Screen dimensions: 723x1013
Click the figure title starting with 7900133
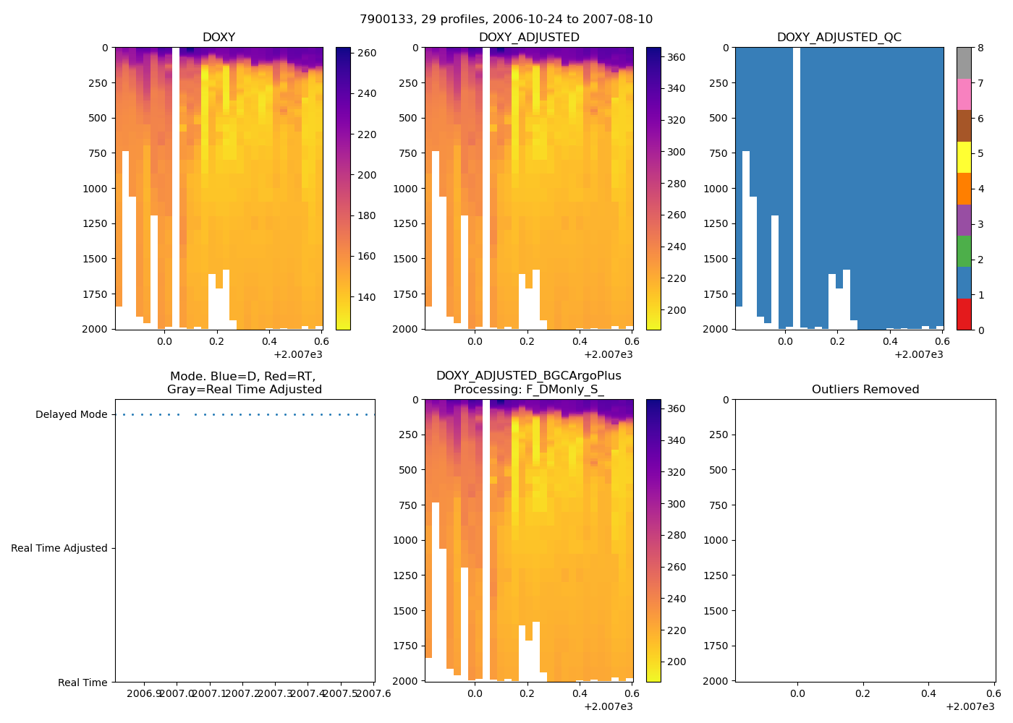point(506,20)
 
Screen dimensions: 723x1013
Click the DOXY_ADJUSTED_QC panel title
point(839,38)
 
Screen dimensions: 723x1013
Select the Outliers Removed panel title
point(865,390)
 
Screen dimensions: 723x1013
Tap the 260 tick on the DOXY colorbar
point(367,53)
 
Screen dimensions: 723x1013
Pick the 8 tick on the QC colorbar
point(980,48)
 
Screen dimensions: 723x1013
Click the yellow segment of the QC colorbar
point(964,157)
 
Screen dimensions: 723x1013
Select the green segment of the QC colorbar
point(964,251)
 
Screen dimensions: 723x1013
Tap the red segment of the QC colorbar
point(964,314)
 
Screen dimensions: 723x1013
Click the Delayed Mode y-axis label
point(71,415)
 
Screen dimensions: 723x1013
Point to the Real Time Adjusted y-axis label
point(59,549)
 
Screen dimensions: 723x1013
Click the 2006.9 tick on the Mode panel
point(144,694)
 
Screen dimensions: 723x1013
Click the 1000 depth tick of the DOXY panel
point(95,189)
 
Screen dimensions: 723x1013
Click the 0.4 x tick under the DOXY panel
point(270,341)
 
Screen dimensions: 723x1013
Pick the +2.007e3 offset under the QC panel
point(918,354)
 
